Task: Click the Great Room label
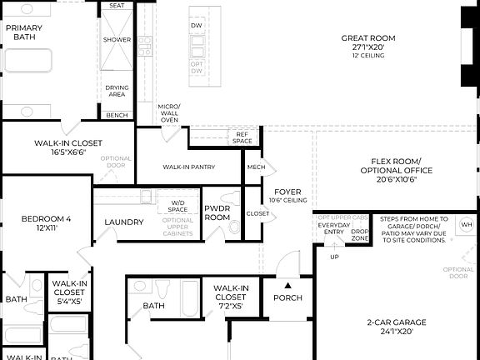[x=368, y=38]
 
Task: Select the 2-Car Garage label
[x=397, y=322]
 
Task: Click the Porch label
[x=287, y=298]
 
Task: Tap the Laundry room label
[x=124, y=222]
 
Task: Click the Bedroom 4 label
[x=46, y=219]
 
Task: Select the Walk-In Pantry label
[x=188, y=167]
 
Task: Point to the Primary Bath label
[x=23, y=32]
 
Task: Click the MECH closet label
[x=255, y=167]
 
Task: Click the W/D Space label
[x=177, y=205]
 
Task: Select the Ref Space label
[x=242, y=138]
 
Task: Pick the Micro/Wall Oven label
[x=169, y=113]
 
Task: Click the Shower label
[x=117, y=40]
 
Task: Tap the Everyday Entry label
[x=334, y=228]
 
